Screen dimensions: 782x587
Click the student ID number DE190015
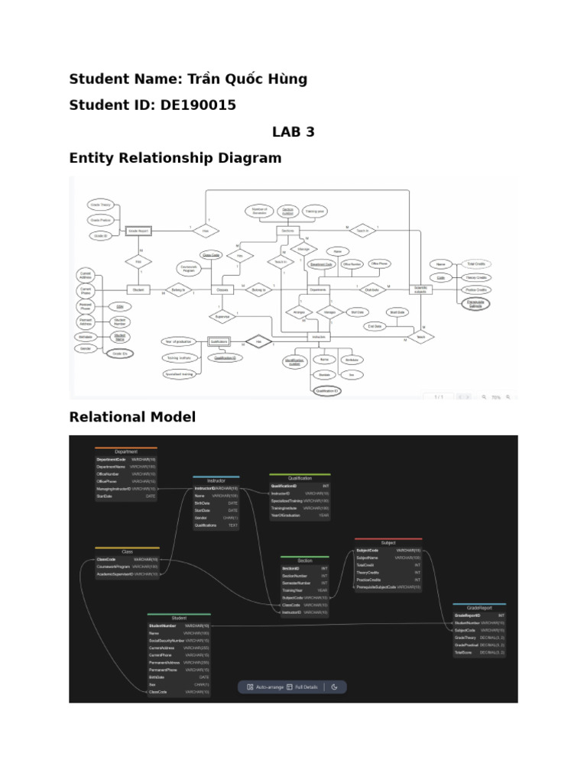pyautogui.click(x=198, y=105)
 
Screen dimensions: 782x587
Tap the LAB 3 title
pyautogui.click(x=293, y=131)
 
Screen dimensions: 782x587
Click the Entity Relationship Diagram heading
pyautogui.click(x=175, y=158)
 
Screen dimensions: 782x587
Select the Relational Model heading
pyautogui.click(x=132, y=417)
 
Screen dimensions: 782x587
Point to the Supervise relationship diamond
pyautogui.click(x=222, y=315)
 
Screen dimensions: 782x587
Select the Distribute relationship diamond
pyautogui.click(x=372, y=289)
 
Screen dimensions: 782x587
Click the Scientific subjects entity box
pyautogui.click(x=421, y=289)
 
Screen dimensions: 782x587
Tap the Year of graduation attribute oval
pyautogui.click(x=180, y=341)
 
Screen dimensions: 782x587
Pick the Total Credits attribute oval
pyautogui.click(x=475, y=263)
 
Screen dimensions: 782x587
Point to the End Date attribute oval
pyautogui.click(x=375, y=327)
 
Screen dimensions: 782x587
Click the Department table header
pyautogui.click(x=125, y=451)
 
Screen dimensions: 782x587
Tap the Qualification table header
pyautogui.click(x=300, y=477)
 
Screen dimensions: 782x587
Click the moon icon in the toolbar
pyautogui.click(x=335, y=687)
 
